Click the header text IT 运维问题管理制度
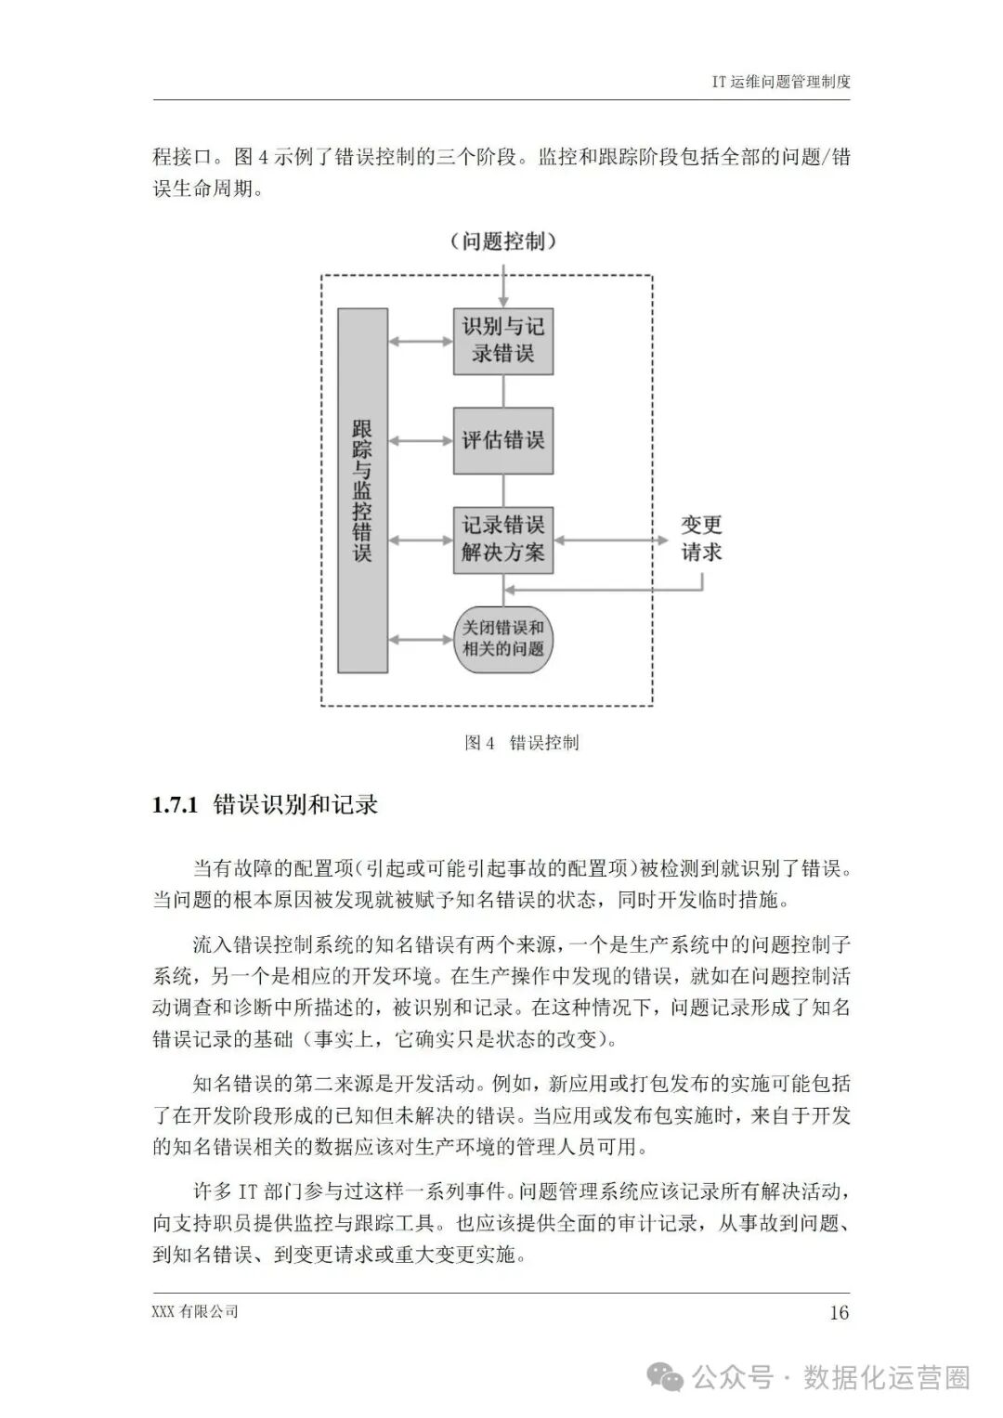click(780, 81)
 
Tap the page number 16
click(838, 1312)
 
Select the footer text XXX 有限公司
click(195, 1311)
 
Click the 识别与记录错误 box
click(503, 341)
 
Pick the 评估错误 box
click(503, 439)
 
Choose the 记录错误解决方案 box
click(503, 539)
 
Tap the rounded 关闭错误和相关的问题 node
click(503, 638)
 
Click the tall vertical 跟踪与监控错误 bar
click(362, 490)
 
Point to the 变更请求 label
click(701, 539)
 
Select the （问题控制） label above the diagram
click(503, 242)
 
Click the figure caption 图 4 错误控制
click(521, 743)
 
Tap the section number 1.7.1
click(176, 805)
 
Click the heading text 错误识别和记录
click(295, 805)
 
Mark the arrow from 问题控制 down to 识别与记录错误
click(503, 286)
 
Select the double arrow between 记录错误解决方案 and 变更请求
click(610, 539)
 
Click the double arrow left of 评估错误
click(421, 439)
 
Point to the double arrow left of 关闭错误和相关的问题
click(421, 638)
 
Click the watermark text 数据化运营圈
click(886, 1377)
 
